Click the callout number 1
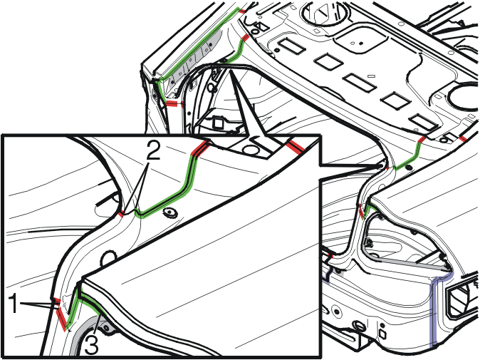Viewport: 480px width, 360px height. point(13,303)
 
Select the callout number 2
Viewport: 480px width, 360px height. point(153,150)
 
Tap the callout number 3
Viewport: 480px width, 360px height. point(91,344)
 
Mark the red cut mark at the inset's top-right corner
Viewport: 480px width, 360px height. point(296,146)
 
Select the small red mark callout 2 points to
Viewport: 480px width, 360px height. point(121,214)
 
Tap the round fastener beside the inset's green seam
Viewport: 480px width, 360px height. point(170,212)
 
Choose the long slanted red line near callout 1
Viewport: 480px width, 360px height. point(61,319)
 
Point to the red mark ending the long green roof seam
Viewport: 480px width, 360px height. point(242,11)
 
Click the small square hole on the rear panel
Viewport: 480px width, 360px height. point(382,332)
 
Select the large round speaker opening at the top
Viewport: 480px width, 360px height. point(325,12)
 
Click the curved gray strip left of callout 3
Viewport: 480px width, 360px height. point(80,334)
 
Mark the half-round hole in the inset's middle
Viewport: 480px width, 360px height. point(108,257)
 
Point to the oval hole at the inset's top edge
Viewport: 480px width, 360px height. point(251,150)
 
